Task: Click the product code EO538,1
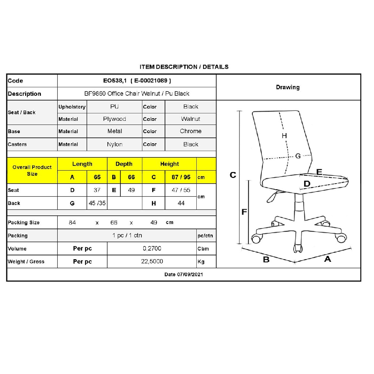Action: tap(115, 81)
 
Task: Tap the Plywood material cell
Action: tap(114, 119)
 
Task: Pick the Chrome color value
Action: tap(191, 131)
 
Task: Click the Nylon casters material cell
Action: tap(114, 144)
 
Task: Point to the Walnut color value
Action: tap(191, 119)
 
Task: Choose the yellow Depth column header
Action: tap(124, 164)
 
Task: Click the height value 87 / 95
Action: tap(181, 177)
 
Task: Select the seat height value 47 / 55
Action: tap(181, 190)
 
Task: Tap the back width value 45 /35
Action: tap(97, 203)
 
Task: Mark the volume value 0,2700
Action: tap(152, 249)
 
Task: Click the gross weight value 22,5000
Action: tap(152, 261)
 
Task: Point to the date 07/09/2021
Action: tap(190, 275)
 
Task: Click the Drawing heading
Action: tap(288, 87)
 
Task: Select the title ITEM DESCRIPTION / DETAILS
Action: tap(184, 67)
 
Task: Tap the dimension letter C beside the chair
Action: tap(233, 175)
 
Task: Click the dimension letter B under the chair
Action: tap(266, 260)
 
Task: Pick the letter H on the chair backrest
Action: tap(284, 136)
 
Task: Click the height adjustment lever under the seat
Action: tap(273, 197)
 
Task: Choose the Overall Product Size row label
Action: tap(32, 170)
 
